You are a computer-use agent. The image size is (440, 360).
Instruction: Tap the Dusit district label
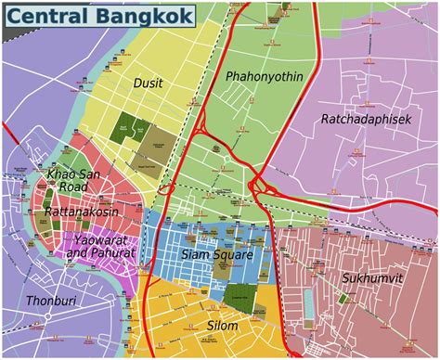(x=148, y=84)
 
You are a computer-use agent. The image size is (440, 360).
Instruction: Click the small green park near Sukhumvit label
(x=345, y=298)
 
